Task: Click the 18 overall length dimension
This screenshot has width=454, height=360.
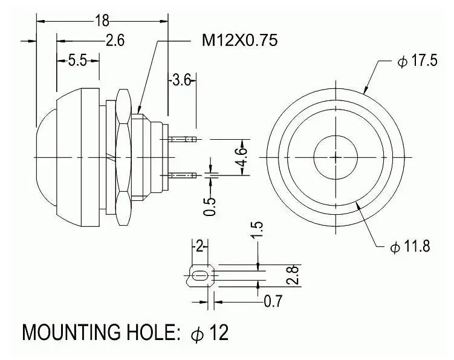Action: click(102, 20)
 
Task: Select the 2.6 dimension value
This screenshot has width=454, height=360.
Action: click(114, 41)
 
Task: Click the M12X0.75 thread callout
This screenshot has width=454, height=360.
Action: click(239, 41)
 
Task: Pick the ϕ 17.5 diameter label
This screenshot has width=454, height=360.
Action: click(417, 63)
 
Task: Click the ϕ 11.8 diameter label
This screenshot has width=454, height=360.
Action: click(410, 247)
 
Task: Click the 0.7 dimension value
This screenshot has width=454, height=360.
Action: click(273, 299)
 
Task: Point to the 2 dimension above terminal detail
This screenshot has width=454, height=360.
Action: click(199, 246)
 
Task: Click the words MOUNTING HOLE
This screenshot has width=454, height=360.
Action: click(100, 333)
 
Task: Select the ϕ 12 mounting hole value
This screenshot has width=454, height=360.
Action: click(210, 333)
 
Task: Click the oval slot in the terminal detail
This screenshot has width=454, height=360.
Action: click(198, 277)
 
